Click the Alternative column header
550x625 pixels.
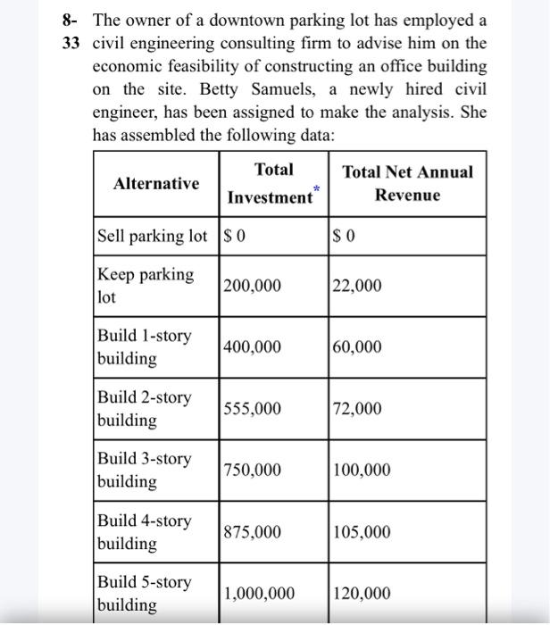156,183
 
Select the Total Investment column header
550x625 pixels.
271,183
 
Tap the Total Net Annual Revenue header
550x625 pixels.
407,183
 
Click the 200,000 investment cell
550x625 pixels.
252,286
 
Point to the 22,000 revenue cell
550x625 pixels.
357,286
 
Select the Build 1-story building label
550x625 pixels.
144,347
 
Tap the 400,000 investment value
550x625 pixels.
252,347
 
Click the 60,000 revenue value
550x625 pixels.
357,347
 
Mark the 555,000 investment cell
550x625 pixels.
252,409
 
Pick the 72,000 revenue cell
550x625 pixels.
357,409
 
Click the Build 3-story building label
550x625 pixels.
144,470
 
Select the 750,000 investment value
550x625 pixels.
252,471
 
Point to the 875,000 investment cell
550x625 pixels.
252,533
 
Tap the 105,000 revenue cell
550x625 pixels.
362,533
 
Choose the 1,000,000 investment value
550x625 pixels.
259,594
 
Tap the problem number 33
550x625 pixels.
72,43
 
